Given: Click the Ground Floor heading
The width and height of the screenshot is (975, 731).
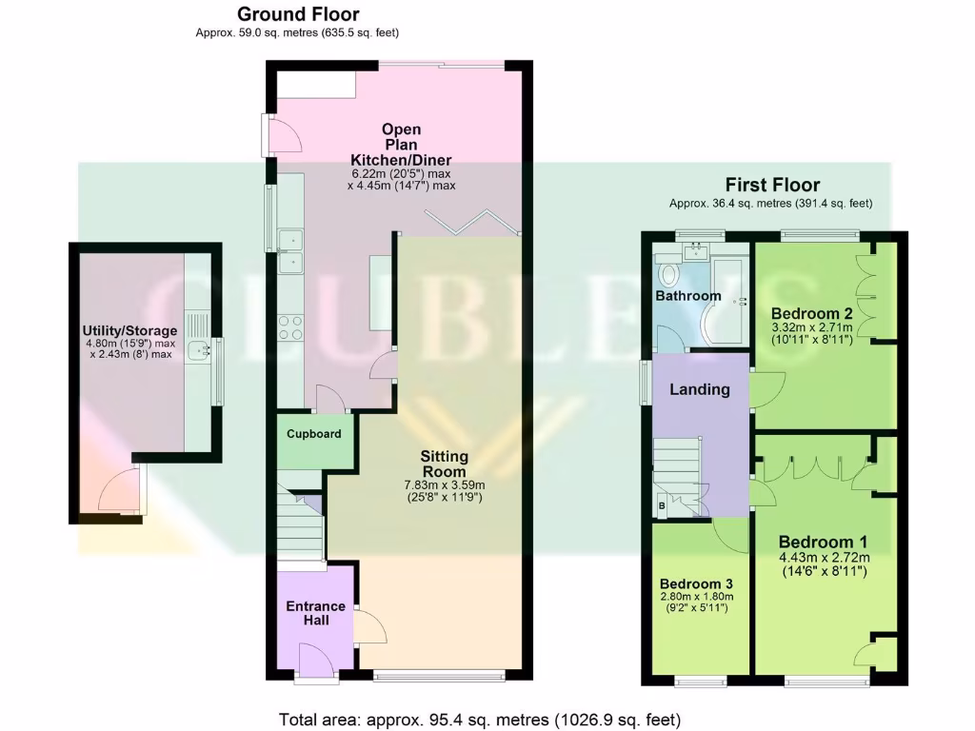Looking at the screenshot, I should pos(297,14).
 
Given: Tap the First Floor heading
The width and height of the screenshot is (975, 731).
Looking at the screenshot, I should pos(771,185).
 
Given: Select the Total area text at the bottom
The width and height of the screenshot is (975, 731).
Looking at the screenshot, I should pos(480,719).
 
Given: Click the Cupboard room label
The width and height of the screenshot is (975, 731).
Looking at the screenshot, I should pos(314,434).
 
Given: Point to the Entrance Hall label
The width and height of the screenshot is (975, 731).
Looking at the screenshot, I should pos(316,612).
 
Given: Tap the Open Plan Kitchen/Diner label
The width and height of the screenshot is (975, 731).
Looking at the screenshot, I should pos(401,145).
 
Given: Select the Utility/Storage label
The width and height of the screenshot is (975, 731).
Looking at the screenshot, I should pos(129,330).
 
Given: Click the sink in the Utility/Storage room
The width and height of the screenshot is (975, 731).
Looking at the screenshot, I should pos(198,351).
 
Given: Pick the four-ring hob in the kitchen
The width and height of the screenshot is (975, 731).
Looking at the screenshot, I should pos(290,327).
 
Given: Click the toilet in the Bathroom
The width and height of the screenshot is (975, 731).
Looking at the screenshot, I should pos(669,274).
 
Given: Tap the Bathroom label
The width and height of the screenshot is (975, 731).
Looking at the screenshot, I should pos(687,296).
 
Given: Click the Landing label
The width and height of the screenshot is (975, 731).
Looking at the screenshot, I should pos(700,389).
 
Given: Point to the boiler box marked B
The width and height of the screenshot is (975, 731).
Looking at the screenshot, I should pos(661,506).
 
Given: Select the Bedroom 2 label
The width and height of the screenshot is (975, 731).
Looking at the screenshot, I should pos(811,313).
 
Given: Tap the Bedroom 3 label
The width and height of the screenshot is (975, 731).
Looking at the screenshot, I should pos(696,583).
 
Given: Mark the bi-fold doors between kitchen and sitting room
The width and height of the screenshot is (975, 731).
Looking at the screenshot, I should pos(472,223).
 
